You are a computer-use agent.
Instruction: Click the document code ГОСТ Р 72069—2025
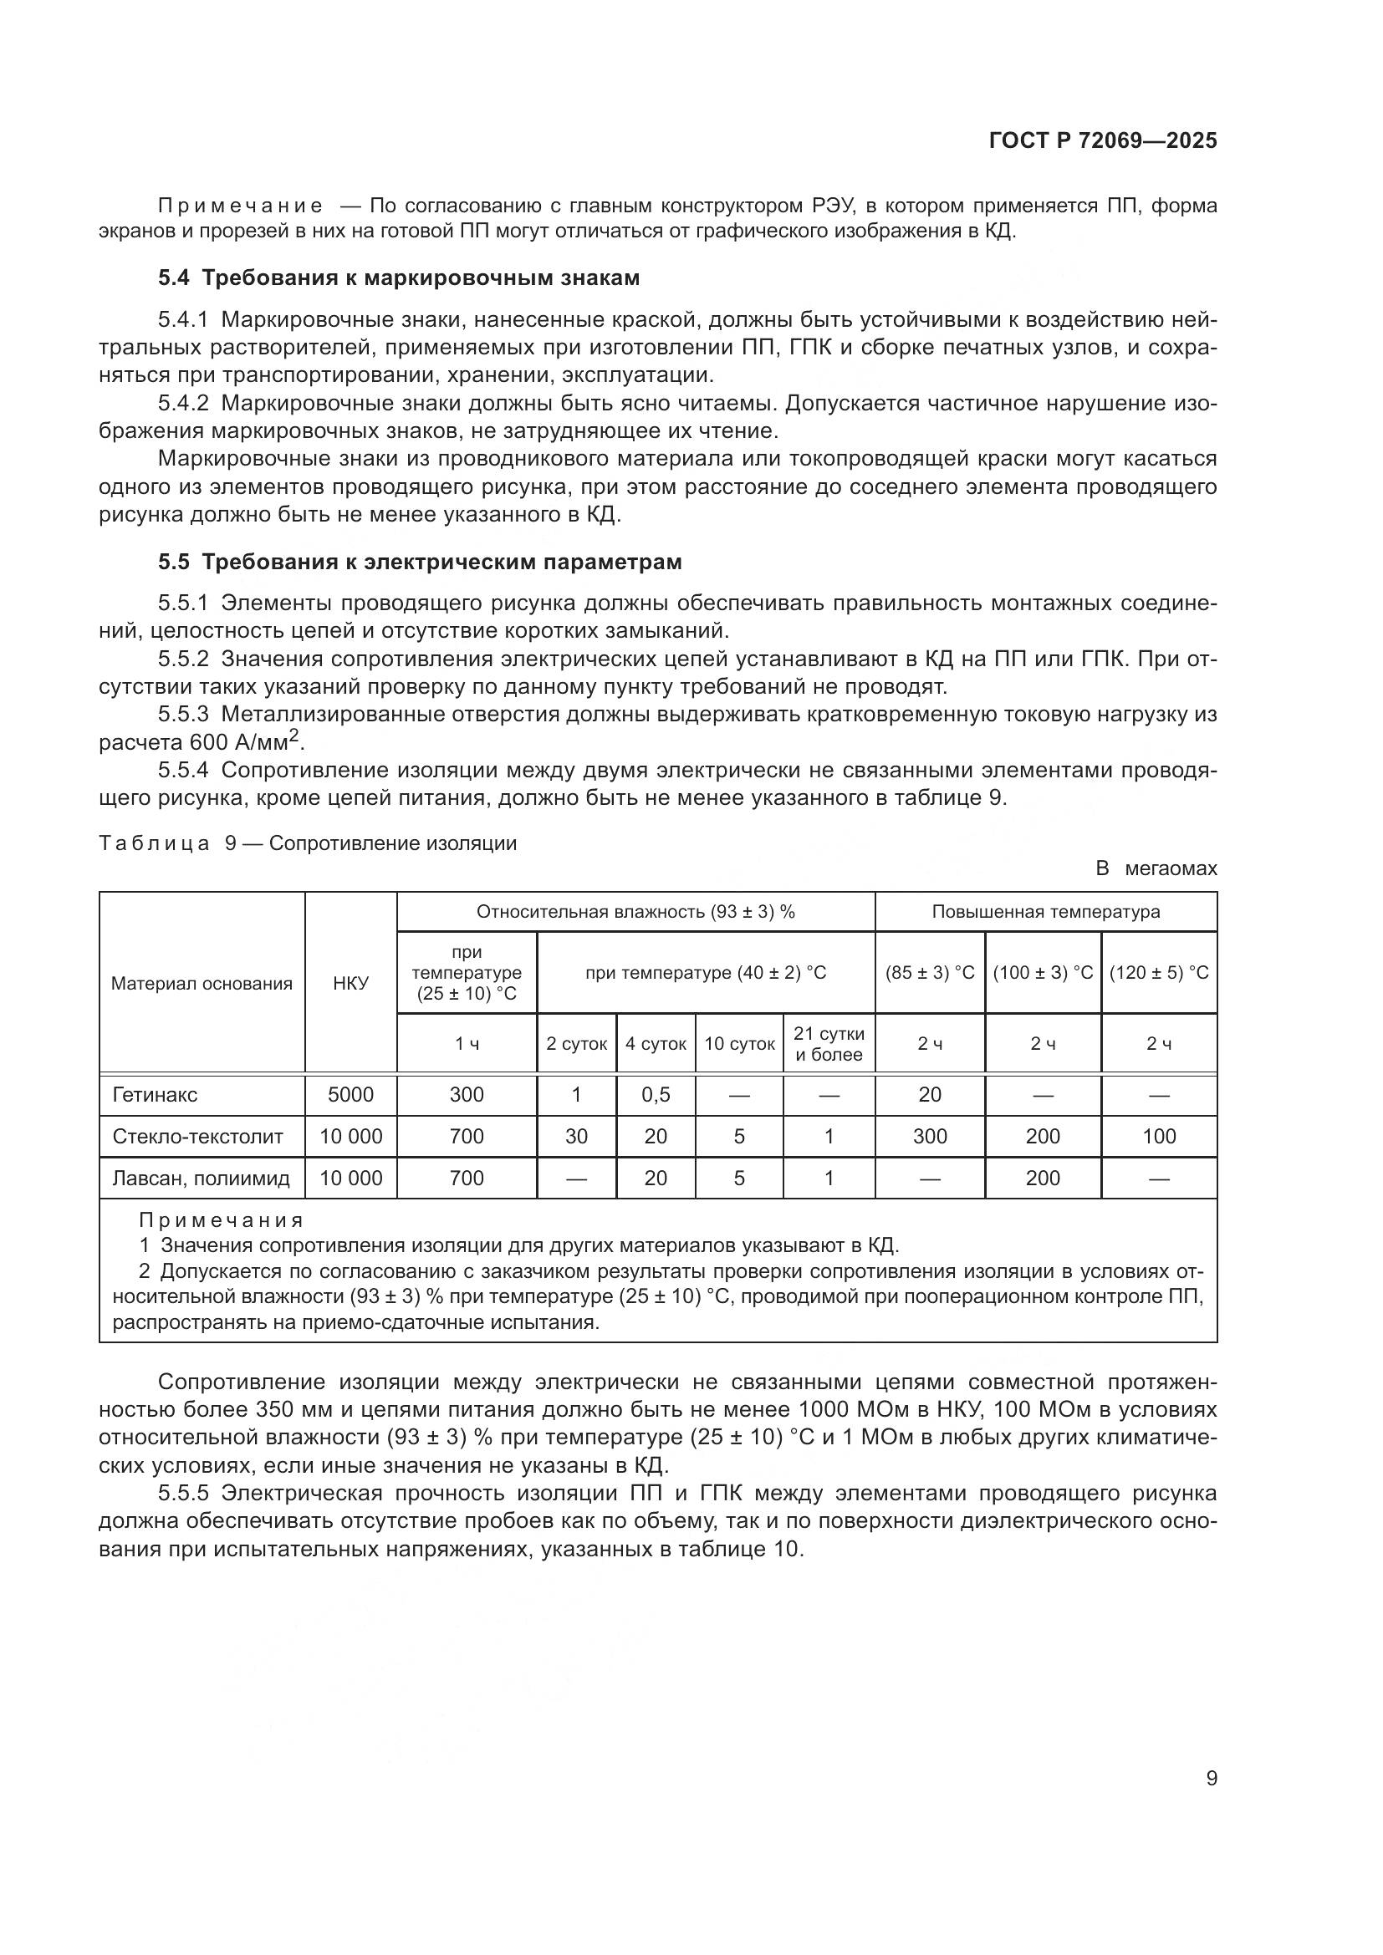[1103, 140]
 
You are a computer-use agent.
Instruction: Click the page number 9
[1211, 1778]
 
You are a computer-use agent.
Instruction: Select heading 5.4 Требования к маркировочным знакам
[399, 278]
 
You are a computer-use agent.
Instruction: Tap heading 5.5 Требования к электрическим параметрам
[420, 562]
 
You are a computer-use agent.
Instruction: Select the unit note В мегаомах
[1156, 868]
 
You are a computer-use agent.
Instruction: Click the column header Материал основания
[202, 984]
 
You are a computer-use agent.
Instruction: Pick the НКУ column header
[351, 984]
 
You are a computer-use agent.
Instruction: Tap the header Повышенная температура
[1045, 912]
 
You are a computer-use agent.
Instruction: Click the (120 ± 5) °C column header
[1158, 972]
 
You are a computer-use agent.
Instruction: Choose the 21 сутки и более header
[829, 1044]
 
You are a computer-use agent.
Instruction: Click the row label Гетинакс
[154, 1095]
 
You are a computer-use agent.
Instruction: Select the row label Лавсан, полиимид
[201, 1179]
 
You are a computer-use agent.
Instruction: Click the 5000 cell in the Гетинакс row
[351, 1095]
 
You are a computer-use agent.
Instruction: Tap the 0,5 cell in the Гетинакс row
[656, 1095]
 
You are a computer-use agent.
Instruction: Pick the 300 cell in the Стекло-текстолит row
[929, 1137]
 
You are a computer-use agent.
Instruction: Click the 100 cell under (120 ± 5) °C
[1158, 1137]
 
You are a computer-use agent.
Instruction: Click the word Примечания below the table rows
[222, 1221]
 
